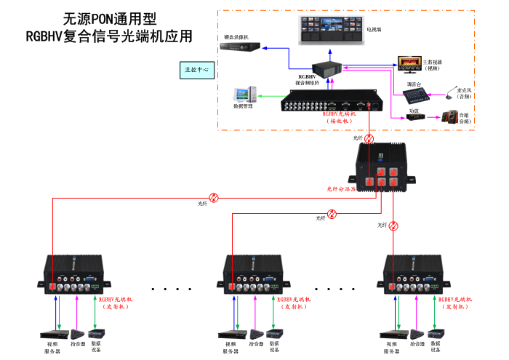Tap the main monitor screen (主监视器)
408,62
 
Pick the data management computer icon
243,94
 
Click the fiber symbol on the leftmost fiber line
213,197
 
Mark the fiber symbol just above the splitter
369,138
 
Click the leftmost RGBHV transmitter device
75,274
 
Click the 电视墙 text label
372,30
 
